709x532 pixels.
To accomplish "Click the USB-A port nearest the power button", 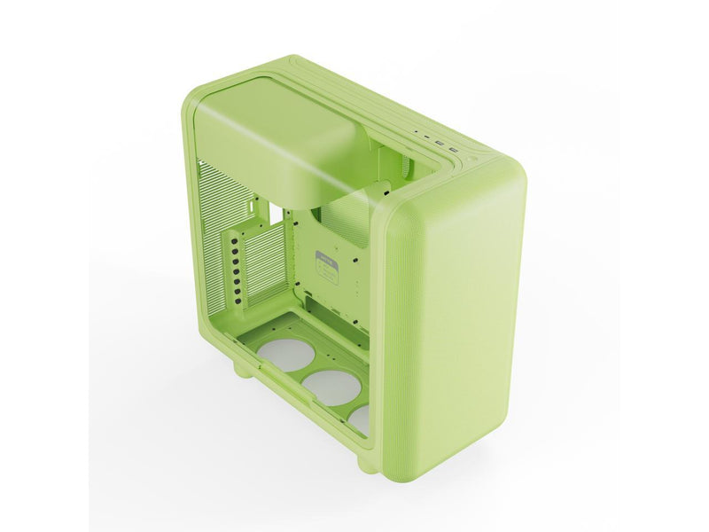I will [x=454, y=151].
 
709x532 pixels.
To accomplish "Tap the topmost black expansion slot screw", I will [x=233, y=237].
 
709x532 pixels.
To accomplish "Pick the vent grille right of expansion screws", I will [x=266, y=266].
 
